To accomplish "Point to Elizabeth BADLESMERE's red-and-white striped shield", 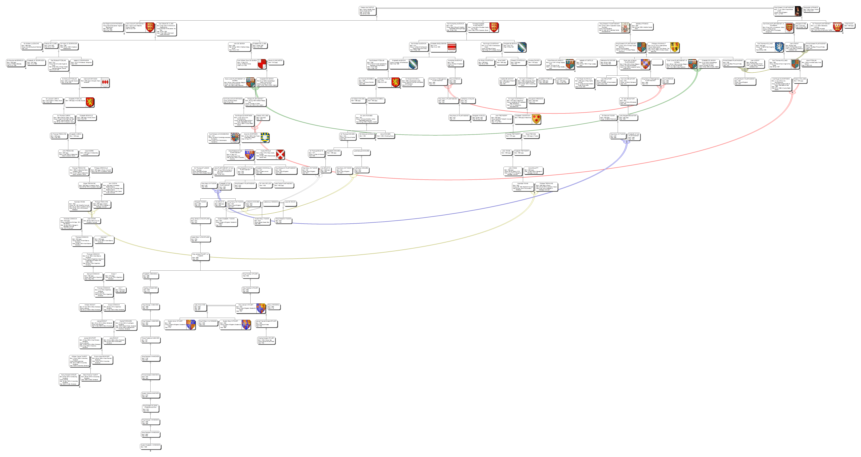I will [x=452, y=47].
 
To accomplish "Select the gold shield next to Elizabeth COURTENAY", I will [x=536, y=119].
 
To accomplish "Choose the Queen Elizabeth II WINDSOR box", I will [x=150, y=446].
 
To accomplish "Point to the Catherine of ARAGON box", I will [x=271, y=203].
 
